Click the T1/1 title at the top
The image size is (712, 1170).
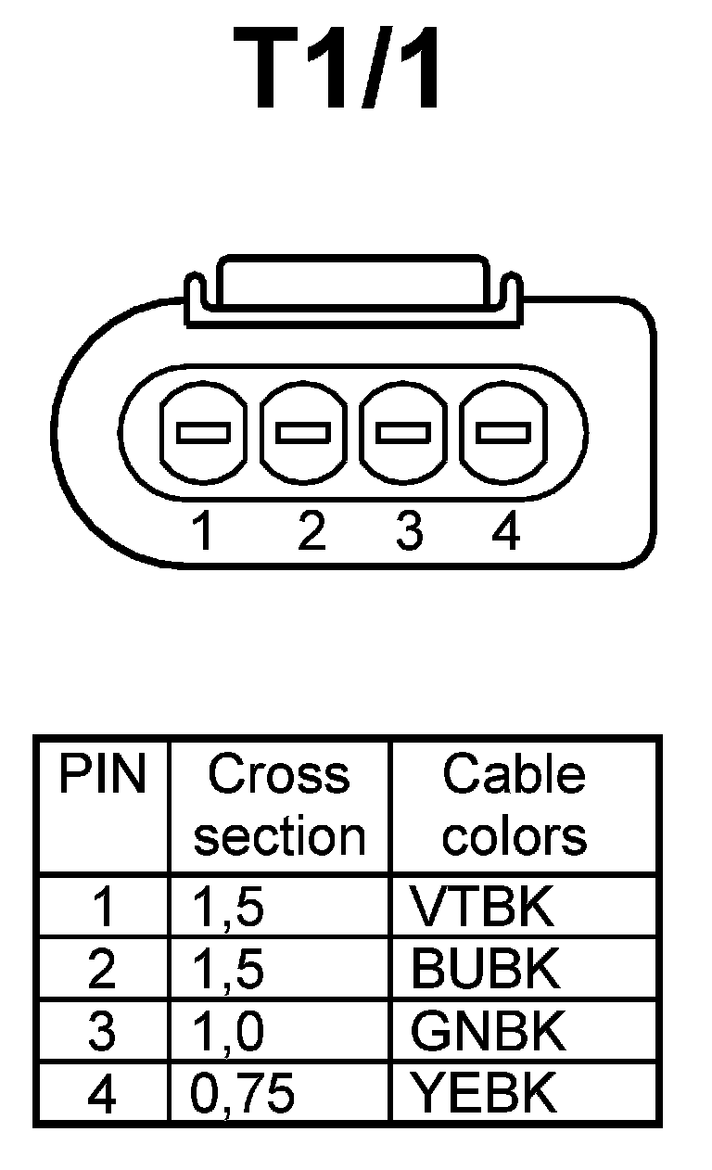tap(339, 70)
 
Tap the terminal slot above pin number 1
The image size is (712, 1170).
tap(203, 432)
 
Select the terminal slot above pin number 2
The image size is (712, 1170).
tap(304, 432)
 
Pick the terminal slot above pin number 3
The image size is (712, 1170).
tap(403, 432)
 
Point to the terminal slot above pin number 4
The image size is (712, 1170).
tap(502, 432)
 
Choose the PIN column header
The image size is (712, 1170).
tap(103, 775)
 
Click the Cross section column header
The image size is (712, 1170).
tap(279, 805)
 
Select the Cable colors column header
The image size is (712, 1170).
tap(514, 805)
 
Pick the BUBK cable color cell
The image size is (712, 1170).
tap(486, 970)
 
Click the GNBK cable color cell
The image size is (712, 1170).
tap(488, 1032)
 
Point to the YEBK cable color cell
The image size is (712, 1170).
tap(484, 1094)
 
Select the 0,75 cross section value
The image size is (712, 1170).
tap(243, 1095)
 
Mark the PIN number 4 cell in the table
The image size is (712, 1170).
tap(103, 1095)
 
